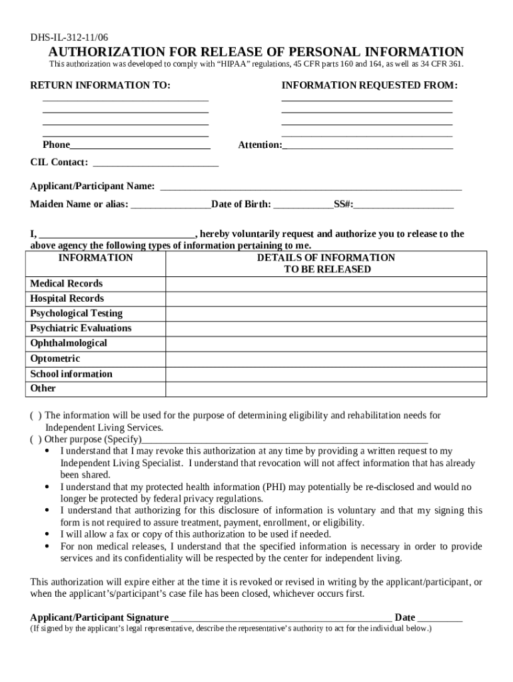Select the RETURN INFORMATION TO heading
pyautogui.click(x=100, y=86)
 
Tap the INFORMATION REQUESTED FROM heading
pyautogui.click(x=369, y=86)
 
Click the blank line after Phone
pyautogui.click(x=140, y=146)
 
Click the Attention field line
pyautogui.click(x=368, y=146)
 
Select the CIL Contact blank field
pyautogui.click(x=155, y=163)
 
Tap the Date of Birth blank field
pyautogui.click(x=303, y=205)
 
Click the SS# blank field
pyautogui.click(x=404, y=205)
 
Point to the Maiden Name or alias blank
pyautogui.click(x=171, y=205)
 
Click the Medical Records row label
pyautogui.click(x=67, y=284)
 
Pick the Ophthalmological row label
pyautogui.click(x=69, y=343)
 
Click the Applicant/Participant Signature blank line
pyautogui.click(x=280, y=618)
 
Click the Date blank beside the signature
pyautogui.click(x=440, y=618)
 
